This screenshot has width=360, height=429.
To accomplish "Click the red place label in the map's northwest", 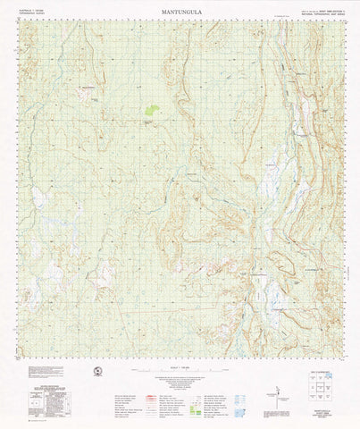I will click(x=88, y=87).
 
